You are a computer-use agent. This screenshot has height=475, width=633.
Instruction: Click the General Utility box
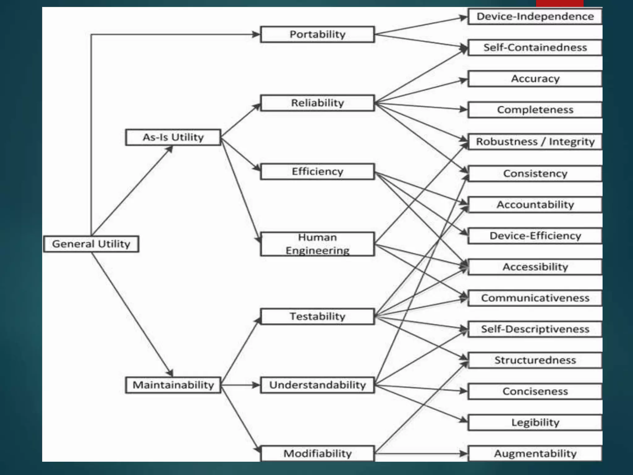tap(91, 244)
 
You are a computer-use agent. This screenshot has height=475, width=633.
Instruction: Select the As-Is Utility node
tap(173, 137)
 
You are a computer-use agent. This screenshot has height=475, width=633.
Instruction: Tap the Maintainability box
tap(173, 385)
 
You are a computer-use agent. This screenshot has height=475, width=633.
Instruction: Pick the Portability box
tap(317, 34)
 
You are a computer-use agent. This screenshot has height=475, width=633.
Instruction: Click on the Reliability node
tap(317, 103)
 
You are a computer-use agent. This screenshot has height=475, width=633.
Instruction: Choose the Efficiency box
tap(317, 171)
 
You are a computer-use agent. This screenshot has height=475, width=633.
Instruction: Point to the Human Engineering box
tap(317, 244)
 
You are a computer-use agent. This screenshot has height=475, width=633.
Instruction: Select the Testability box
tap(317, 316)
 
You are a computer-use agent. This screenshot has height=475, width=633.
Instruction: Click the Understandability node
tap(317, 385)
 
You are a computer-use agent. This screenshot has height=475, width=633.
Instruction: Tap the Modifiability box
tap(317, 453)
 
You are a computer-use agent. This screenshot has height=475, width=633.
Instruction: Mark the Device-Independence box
tap(535, 16)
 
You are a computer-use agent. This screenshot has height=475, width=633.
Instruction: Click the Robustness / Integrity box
tap(535, 142)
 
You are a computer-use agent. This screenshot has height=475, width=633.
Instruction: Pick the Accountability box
tap(535, 204)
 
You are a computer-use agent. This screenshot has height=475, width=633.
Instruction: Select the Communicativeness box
tap(535, 298)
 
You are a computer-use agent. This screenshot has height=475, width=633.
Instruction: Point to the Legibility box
tap(535, 422)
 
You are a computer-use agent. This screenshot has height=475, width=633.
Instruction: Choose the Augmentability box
tap(535, 453)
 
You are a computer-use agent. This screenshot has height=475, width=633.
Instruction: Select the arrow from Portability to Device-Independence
tap(420, 25)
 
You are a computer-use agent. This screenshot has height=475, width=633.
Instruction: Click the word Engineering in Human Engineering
tap(317, 250)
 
